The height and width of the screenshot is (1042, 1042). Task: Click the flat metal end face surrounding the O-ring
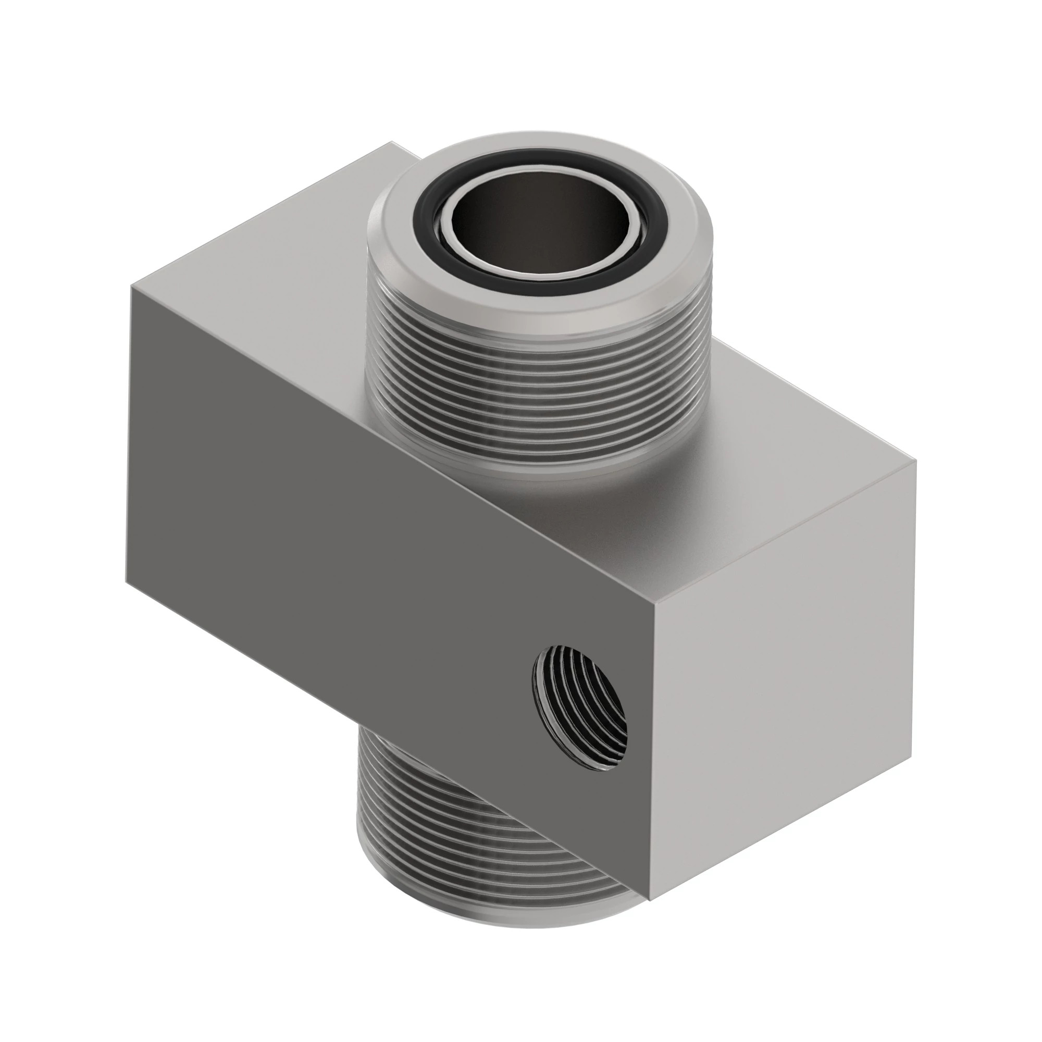coord(539,302)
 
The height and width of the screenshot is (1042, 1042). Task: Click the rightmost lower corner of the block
coord(911,755)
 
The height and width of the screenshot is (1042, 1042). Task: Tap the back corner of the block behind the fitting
coord(393,142)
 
